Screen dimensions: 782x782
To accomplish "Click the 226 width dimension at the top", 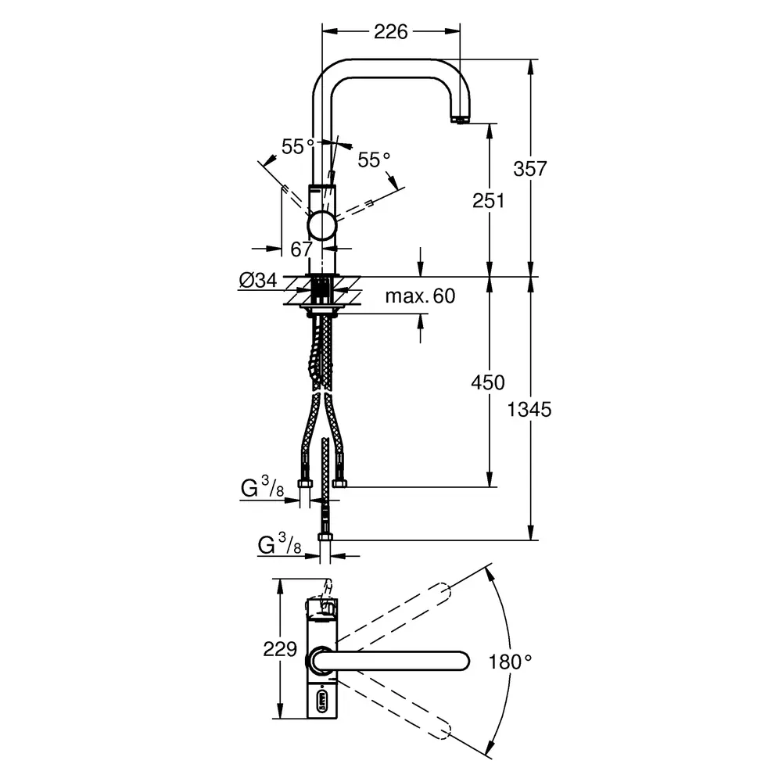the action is (390, 32).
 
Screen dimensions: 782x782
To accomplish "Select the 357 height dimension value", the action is (530, 169).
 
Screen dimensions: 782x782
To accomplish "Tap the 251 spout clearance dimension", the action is (488, 200).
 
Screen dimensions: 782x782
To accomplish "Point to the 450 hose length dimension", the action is (488, 382).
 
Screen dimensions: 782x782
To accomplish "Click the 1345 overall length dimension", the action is (529, 410).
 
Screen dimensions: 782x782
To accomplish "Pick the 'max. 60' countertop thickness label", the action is (420, 296).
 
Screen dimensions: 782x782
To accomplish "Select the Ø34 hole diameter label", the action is (258, 280).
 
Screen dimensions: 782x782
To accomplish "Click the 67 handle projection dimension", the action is (301, 249).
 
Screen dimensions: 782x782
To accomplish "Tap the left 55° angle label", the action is (298, 147).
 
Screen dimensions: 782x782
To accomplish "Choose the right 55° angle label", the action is (374, 160).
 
